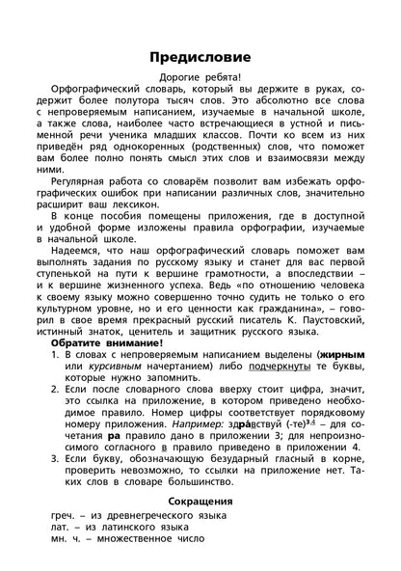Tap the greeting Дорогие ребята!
point(200,78)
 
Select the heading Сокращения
point(200,503)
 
